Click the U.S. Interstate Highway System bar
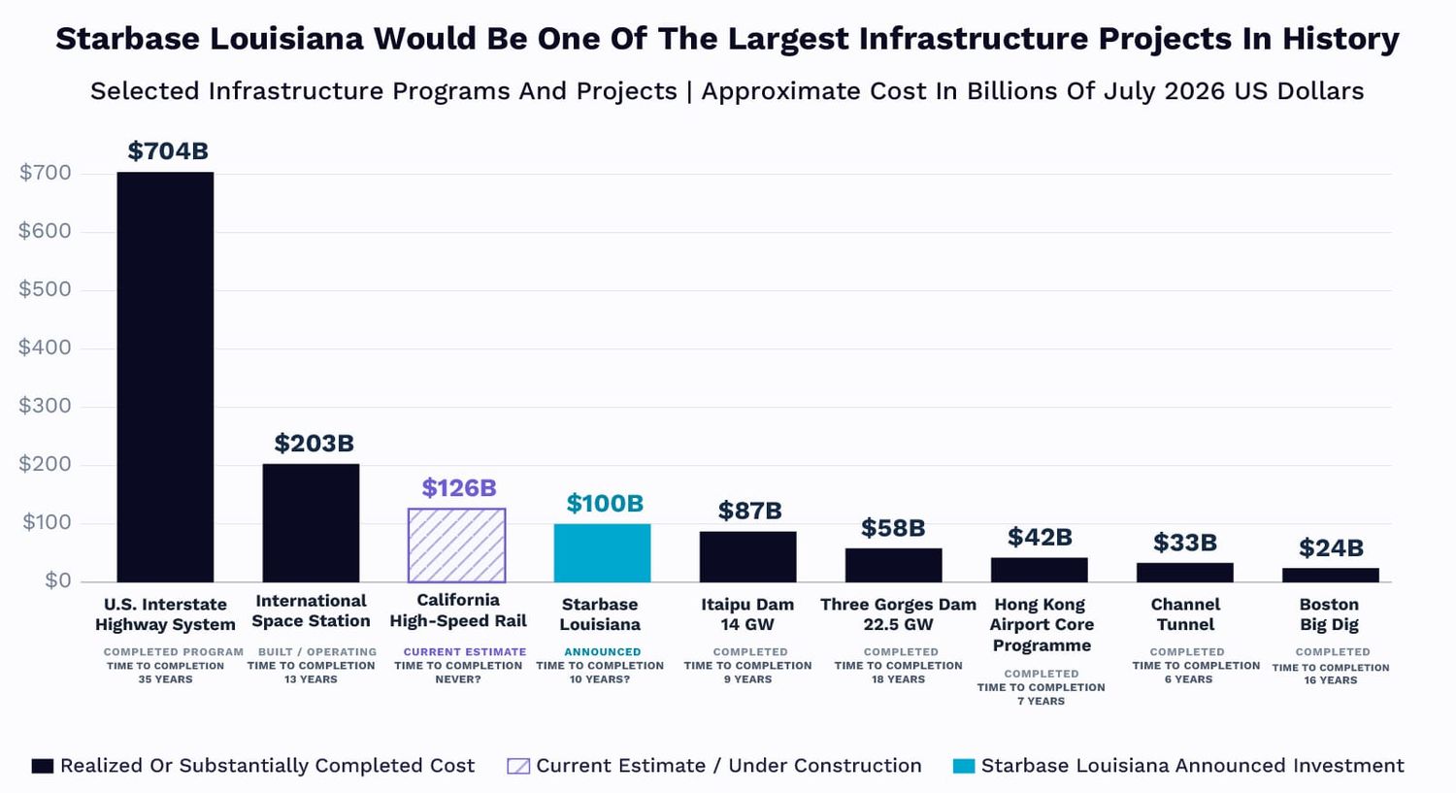(x=165, y=377)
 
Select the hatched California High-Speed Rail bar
(x=456, y=545)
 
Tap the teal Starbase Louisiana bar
(x=602, y=553)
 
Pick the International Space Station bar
(x=311, y=523)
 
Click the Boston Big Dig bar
(x=1331, y=576)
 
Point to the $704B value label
(x=168, y=150)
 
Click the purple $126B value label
(x=459, y=487)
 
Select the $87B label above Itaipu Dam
(x=749, y=511)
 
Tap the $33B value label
(x=1185, y=543)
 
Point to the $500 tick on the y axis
(x=45, y=289)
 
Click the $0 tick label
(x=58, y=580)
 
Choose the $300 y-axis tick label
(x=45, y=406)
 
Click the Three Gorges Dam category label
(x=898, y=614)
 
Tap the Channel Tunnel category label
(x=1185, y=614)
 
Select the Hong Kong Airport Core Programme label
(x=1042, y=625)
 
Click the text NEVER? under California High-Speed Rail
(x=458, y=679)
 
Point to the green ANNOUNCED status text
(x=602, y=652)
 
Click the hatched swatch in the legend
(x=518, y=767)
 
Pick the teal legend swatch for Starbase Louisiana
(x=964, y=767)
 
